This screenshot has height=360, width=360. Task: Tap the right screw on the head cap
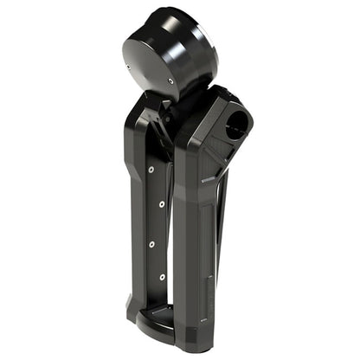pyautogui.click(x=170, y=80)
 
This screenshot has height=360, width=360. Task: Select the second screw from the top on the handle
pyautogui.click(x=162, y=205)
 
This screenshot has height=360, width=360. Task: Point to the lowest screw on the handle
pyautogui.click(x=162, y=277)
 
